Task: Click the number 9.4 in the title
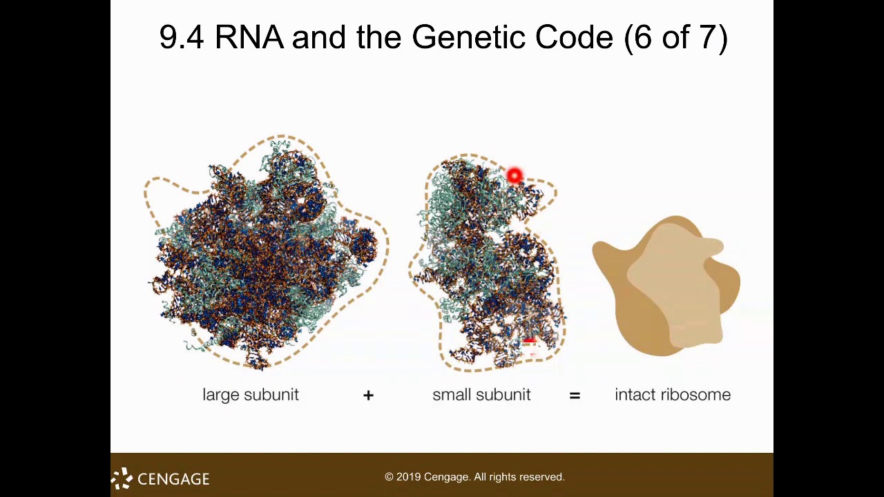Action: (181, 37)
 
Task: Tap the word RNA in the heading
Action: (249, 37)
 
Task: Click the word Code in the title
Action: (574, 37)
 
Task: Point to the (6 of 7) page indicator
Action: (675, 37)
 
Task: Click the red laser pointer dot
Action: (515, 177)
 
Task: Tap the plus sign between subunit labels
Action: (368, 395)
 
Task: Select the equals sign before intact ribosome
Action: (575, 395)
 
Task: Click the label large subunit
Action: (251, 395)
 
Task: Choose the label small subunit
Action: (481, 395)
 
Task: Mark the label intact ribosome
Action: (672, 395)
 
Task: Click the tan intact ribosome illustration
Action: (665, 286)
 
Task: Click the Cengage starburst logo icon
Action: (122, 478)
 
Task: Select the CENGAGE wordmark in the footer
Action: (173, 479)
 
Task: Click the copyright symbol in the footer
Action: (389, 477)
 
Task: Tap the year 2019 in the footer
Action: (408, 477)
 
